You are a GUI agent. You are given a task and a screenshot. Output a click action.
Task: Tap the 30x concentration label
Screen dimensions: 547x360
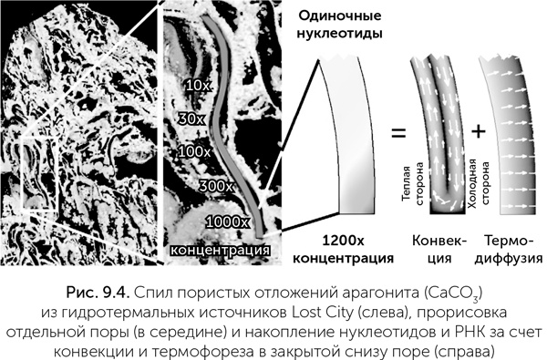(193, 118)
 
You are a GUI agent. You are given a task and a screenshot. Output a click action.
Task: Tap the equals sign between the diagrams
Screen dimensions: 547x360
(398, 134)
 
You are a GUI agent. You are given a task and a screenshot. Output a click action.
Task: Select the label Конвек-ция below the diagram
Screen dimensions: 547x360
(434, 249)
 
